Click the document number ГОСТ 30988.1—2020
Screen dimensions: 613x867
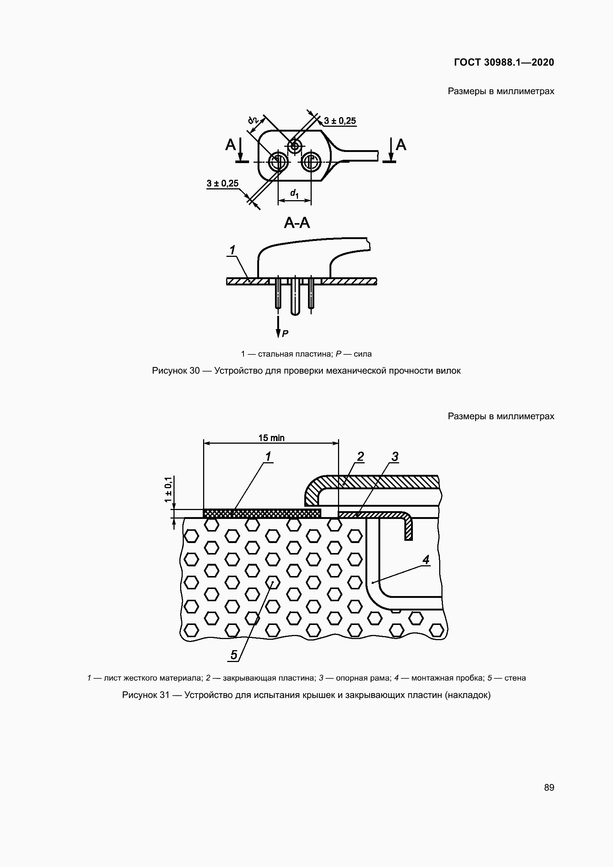pyautogui.click(x=504, y=62)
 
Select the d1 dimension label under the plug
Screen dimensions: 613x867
pyautogui.click(x=294, y=194)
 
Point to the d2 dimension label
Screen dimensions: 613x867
pyautogui.click(x=253, y=120)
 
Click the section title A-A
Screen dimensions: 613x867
pyautogui.click(x=297, y=223)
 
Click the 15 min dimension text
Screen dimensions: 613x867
pyautogui.click(x=271, y=438)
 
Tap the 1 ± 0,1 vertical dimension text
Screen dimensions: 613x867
pyautogui.click(x=168, y=489)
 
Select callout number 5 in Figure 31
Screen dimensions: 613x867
pyautogui.click(x=233, y=655)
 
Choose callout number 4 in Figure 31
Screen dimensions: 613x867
pyautogui.click(x=426, y=560)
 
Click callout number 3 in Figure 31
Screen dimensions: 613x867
pyautogui.click(x=394, y=457)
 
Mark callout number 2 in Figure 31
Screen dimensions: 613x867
pyautogui.click(x=360, y=457)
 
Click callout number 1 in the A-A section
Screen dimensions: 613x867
pyautogui.click(x=232, y=250)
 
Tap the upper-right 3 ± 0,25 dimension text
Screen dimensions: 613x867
pyautogui.click(x=340, y=121)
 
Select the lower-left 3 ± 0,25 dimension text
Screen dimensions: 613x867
pyautogui.click(x=223, y=183)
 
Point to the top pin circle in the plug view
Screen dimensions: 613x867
pyautogui.click(x=294, y=145)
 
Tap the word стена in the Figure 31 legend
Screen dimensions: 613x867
pyautogui.click(x=515, y=678)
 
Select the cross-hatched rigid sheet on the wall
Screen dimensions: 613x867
pyautogui.click(x=262, y=513)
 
